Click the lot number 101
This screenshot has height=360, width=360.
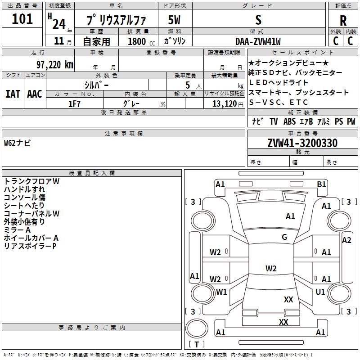pos(22,19)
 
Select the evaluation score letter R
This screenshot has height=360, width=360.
pos(343,20)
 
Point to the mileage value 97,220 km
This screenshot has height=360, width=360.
pos(55,64)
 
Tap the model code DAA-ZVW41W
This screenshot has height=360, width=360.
pos(258,41)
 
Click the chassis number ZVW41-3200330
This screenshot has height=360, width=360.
pos(302,143)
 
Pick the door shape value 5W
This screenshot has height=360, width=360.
pos(175,20)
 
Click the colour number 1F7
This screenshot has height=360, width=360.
pos(74,103)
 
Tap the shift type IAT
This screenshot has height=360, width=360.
pos(13,94)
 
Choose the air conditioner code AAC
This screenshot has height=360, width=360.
pos(34,94)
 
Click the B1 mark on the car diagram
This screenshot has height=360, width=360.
pos(321,184)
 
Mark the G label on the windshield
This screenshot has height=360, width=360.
pos(284,237)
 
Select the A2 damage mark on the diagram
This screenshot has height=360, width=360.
pos(346,240)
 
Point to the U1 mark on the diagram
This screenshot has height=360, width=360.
pos(320,292)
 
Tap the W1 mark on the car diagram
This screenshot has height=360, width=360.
pos(221,292)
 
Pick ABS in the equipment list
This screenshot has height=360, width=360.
pos(290,121)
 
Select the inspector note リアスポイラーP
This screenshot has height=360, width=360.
pos(30,246)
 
